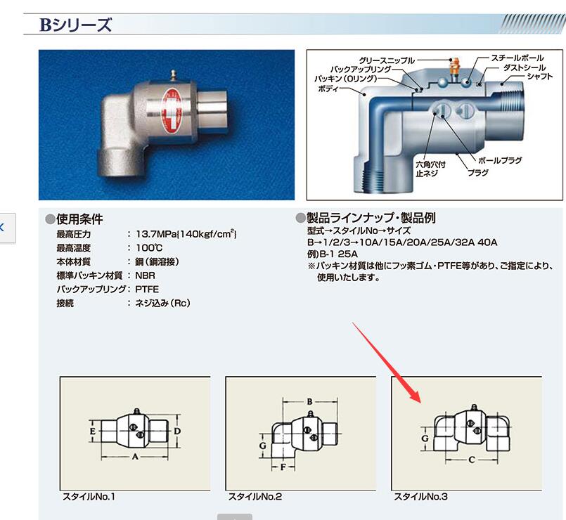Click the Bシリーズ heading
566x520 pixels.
(x=76, y=25)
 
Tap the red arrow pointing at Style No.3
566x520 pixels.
(x=387, y=363)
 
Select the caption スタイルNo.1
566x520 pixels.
(x=89, y=497)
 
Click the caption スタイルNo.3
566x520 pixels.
(x=420, y=497)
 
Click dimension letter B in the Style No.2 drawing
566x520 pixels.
(x=310, y=401)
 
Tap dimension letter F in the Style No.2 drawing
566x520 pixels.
(x=282, y=465)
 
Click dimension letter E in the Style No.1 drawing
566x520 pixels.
(x=93, y=429)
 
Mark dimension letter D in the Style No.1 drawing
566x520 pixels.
(x=178, y=429)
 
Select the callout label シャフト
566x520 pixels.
(x=539, y=76)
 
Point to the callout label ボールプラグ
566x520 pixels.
(x=501, y=161)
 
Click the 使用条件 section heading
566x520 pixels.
(x=78, y=219)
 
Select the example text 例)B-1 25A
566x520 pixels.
(x=333, y=254)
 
